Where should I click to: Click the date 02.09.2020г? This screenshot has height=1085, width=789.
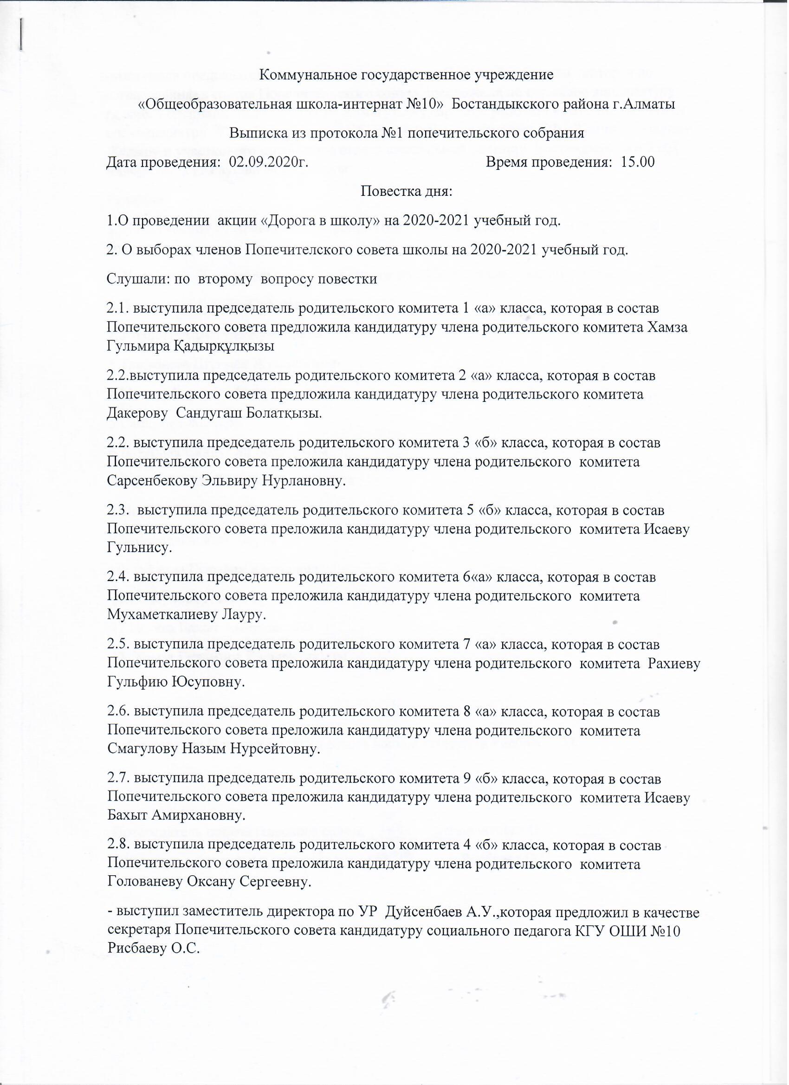[x=268, y=162]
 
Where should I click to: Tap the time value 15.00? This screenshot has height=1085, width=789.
[x=638, y=162]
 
